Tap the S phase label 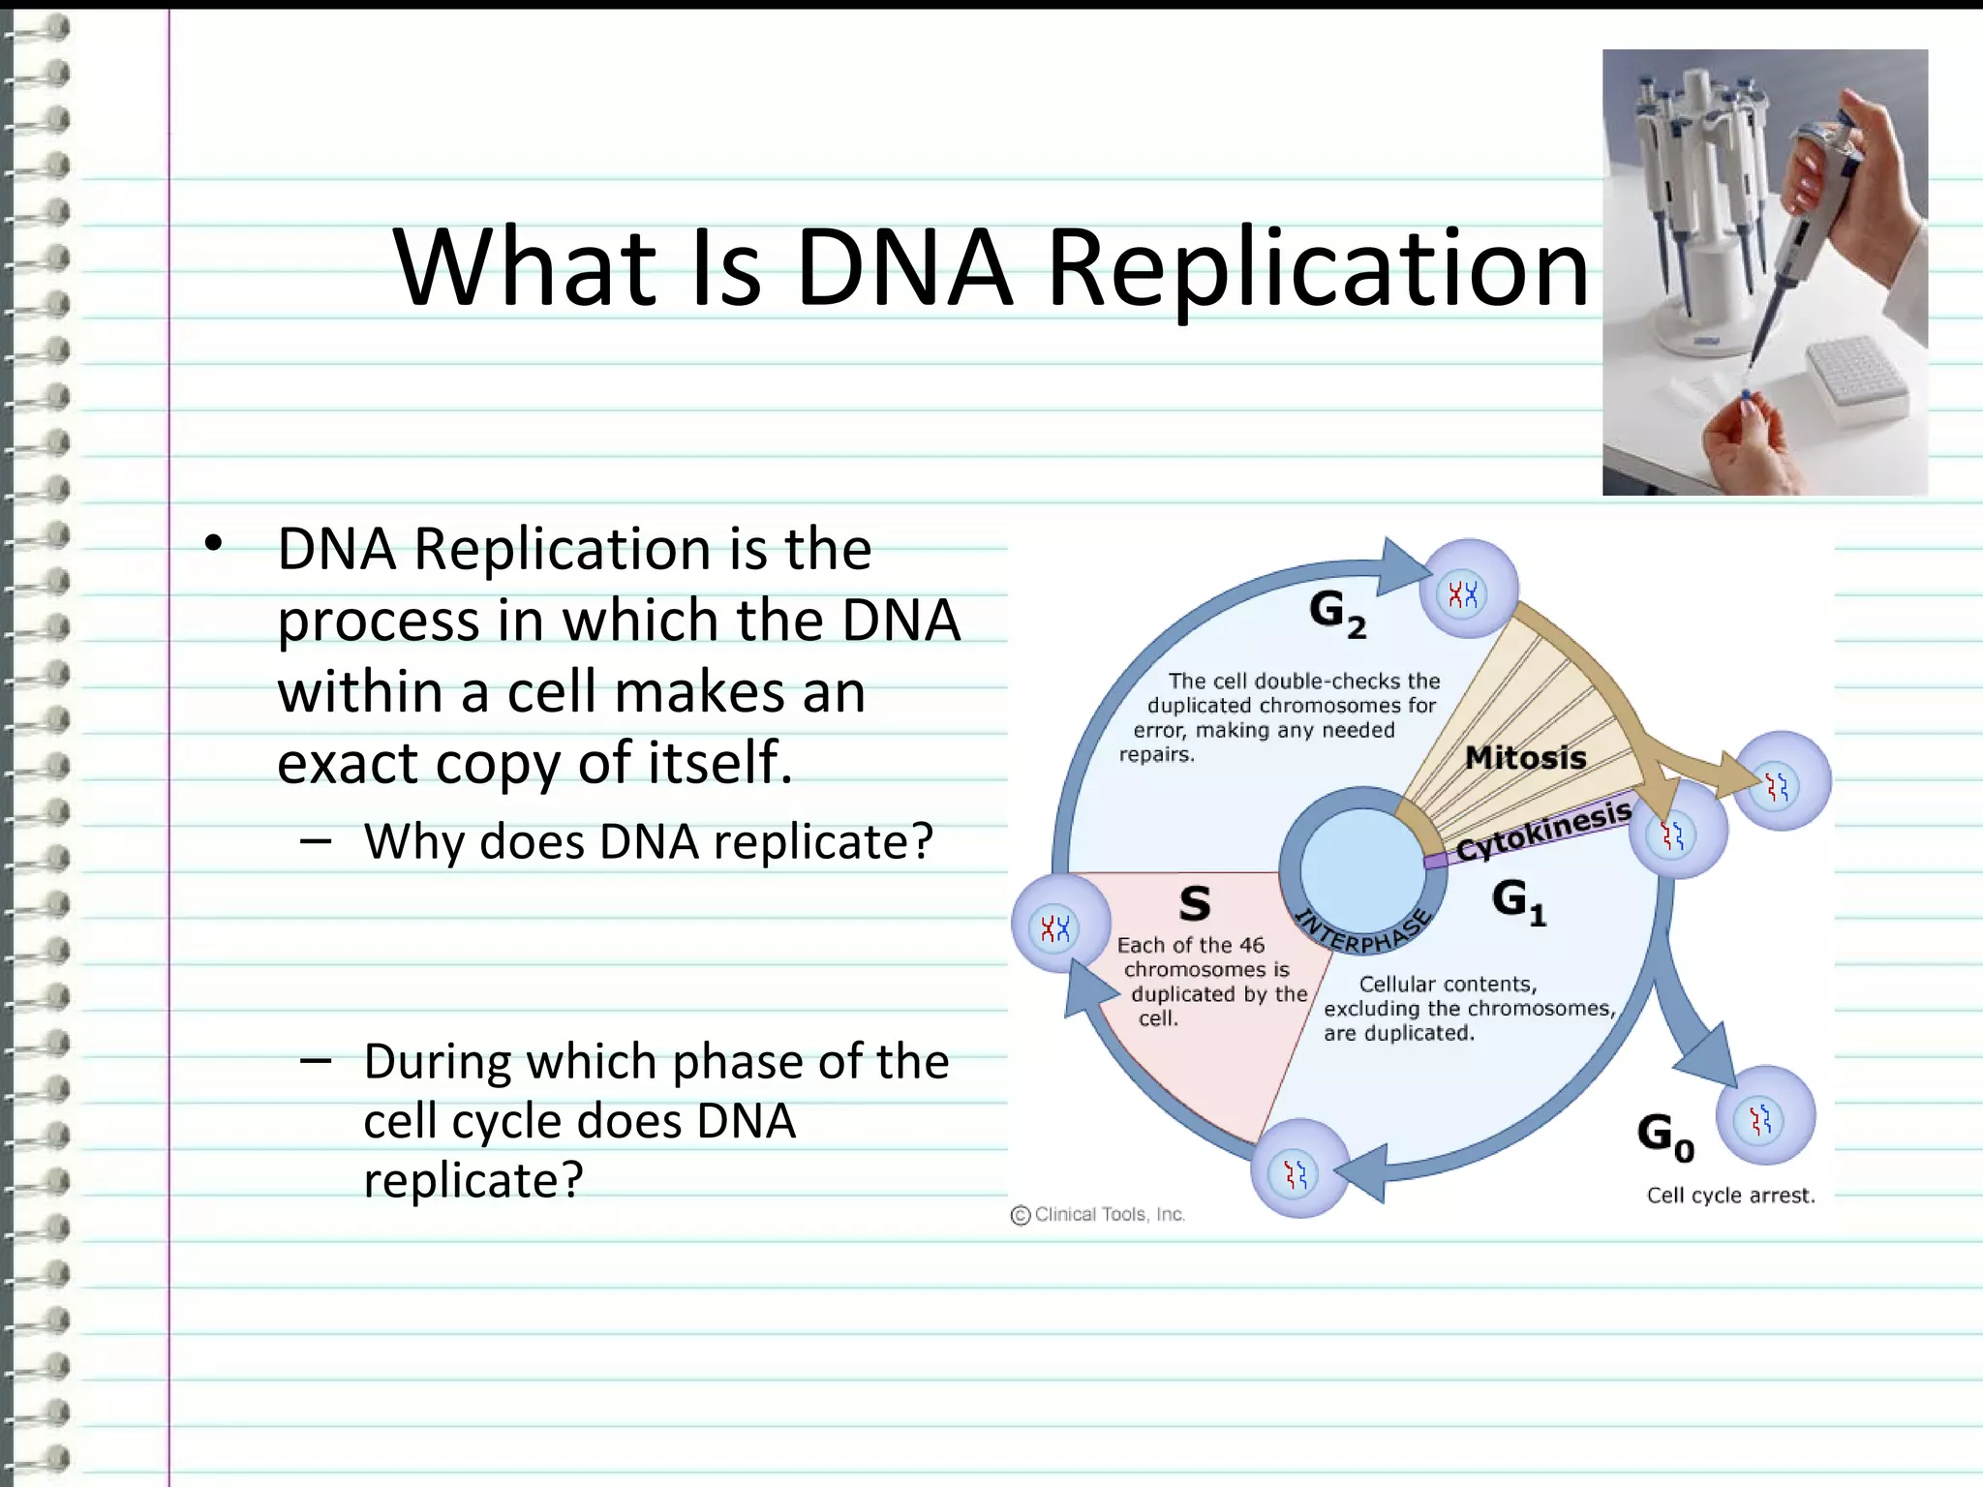[x=1195, y=903]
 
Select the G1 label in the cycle [x=1517, y=901]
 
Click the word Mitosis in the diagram [x=1525, y=758]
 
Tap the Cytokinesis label [x=1543, y=832]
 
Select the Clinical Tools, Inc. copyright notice [x=1098, y=1215]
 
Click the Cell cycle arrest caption [x=1730, y=1196]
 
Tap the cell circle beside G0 [x=1765, y=1116]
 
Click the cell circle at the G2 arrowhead [x=1468, y=590]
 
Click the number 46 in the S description [x=1251, y=946]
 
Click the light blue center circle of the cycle [x=1361, y=869]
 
